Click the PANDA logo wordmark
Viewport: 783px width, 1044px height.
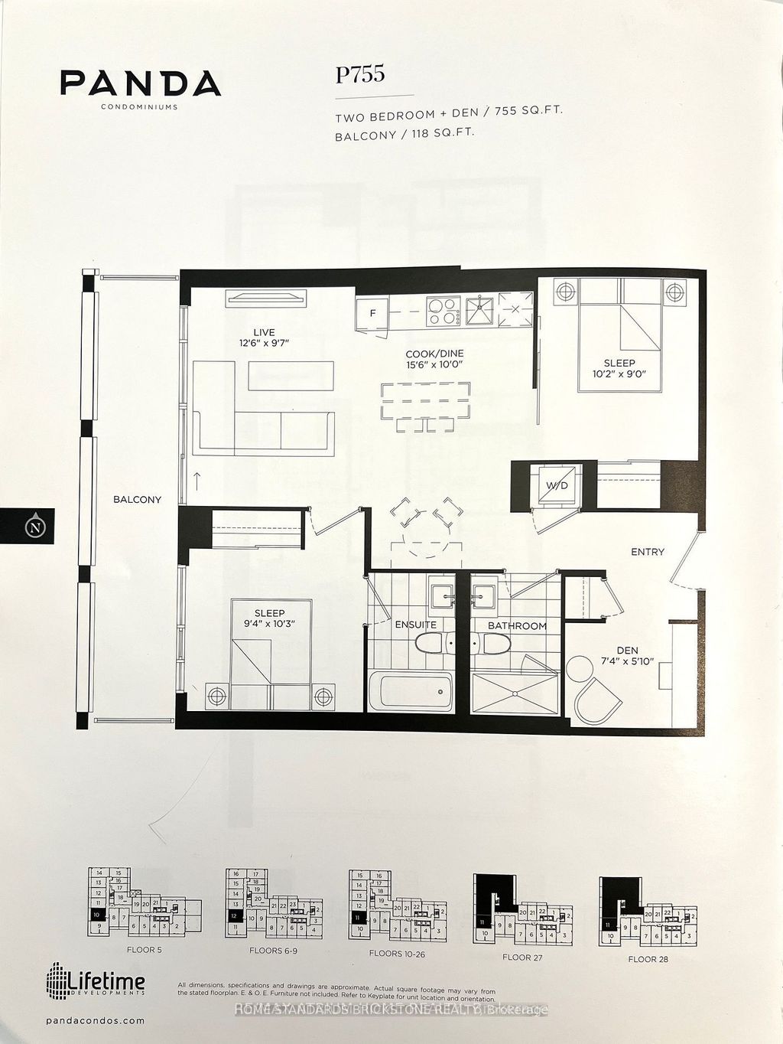pos(141,83)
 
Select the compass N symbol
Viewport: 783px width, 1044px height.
pos(33,527)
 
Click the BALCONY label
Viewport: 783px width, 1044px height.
pos(138,500)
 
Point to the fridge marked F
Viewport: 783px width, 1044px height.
pos(373,312)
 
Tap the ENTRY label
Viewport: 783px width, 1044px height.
pos(647,552)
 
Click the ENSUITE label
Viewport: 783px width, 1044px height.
pos(415,625)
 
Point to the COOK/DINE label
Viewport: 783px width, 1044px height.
pos(435,354)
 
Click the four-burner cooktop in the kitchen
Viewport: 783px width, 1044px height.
pos(441,310)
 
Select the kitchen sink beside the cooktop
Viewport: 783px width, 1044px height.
pos(478,309)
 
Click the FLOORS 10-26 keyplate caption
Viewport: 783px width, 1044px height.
pos(397,954)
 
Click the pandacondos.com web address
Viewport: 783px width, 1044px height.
pos(96,1021)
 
